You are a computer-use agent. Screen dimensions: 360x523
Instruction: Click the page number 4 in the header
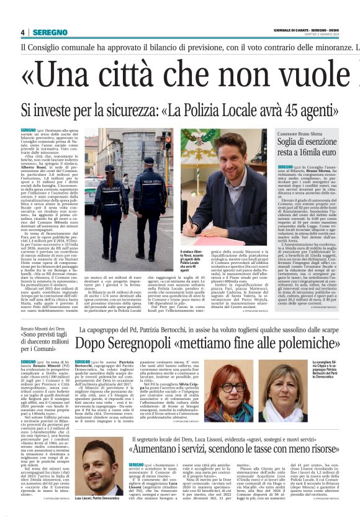click(x=22, y=32)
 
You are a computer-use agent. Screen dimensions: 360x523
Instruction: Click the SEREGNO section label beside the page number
click(x=49, y=32)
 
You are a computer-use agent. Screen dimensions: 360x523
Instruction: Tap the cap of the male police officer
click(x=151, y=159)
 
